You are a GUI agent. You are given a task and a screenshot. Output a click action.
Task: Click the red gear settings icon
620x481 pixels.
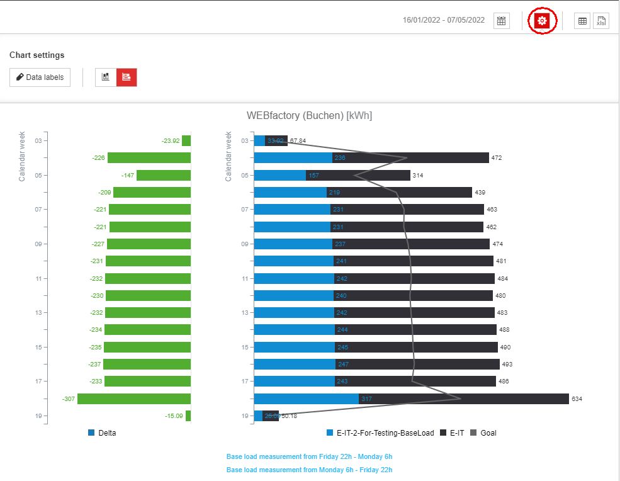tap(542, 21)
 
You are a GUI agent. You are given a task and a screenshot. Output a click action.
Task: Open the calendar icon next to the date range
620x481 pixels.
tap(501, 21)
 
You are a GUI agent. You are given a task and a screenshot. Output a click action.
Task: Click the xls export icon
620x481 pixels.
tap(601, 21)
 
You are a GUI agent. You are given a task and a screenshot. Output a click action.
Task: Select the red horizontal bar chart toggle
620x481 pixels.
tap(127, 77)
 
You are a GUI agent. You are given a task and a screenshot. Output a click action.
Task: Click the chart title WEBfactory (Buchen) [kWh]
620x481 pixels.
tap(309, 116)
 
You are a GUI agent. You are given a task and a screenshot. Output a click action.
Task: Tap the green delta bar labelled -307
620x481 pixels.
tap(134, 399)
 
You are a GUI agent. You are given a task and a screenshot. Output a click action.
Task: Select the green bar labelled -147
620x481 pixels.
tap(164, 175)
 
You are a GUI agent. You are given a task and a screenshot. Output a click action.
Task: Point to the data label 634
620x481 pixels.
tap(577, 399)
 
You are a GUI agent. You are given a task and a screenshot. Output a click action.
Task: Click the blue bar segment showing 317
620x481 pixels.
tap(307, 399)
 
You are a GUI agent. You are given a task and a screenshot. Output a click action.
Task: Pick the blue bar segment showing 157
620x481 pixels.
tap(280, 175)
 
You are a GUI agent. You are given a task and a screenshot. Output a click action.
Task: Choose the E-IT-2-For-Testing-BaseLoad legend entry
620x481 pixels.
tap(380, 433)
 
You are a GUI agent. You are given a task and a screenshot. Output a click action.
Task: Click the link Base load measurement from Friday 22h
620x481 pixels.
tap(309, 456)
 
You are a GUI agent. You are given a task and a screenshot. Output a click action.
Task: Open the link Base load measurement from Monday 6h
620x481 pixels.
tap(309, 470)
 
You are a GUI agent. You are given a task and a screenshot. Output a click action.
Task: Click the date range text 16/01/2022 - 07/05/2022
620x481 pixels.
tap(444, 20)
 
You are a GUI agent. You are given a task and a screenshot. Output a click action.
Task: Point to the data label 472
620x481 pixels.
tap(497, 158)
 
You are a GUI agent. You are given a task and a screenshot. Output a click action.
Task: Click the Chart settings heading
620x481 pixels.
tap(37, 55)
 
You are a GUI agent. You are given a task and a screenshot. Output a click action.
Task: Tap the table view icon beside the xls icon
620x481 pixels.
tap(582, 21)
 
